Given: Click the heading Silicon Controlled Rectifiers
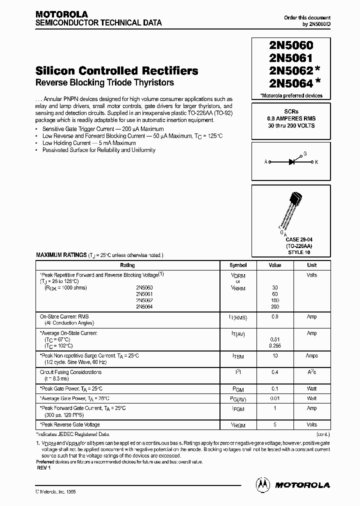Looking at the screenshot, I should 117,70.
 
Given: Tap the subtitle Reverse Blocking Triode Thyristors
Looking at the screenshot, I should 104,82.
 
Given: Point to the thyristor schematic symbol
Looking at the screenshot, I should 293,161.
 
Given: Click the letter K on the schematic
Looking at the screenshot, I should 316,161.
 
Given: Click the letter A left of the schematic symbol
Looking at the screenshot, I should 266,161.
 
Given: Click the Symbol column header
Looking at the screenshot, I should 238,265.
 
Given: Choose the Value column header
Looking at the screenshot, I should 275,265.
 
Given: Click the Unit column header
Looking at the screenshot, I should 311,265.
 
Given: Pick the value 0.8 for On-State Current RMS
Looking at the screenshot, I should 274,316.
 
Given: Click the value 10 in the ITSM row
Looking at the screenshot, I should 274,355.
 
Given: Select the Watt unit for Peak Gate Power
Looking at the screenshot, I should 311,388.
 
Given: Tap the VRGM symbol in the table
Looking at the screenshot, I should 238,425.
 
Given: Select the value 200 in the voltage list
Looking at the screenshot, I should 274,306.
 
